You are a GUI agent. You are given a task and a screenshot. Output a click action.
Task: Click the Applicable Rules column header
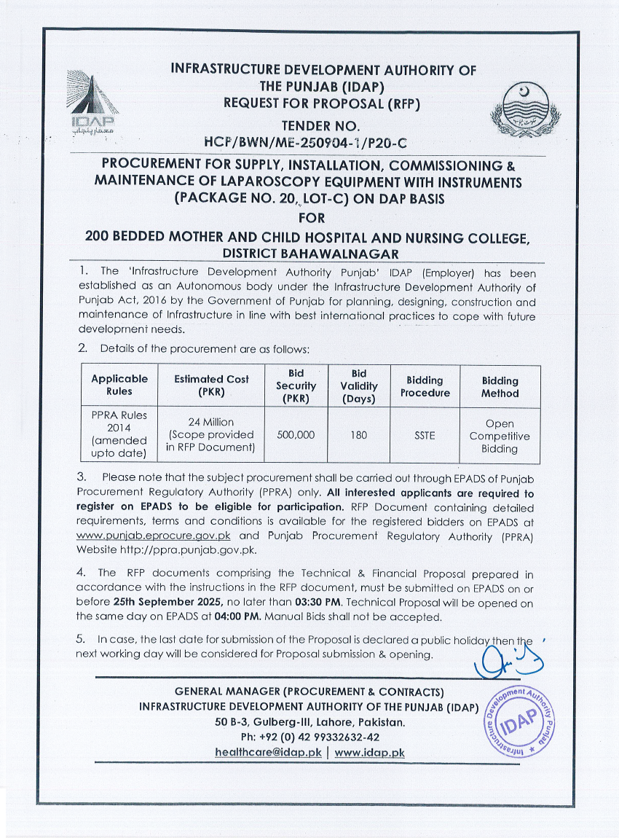(119, 385)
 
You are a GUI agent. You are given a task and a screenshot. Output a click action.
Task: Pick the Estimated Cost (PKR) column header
(211, 385)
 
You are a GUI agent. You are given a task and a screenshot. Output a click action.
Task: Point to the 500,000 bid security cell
(296, 434)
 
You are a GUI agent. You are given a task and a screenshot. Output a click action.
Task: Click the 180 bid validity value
(358, 434)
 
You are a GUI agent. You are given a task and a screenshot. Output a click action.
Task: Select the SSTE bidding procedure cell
(425, 434)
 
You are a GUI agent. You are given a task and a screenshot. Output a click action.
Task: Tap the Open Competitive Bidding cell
(500, 436)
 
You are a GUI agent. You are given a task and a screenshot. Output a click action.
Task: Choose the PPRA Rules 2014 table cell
(119, 434)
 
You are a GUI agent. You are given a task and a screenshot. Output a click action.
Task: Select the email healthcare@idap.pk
(269, 752)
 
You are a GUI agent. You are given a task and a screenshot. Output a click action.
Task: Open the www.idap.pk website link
(369, 752)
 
